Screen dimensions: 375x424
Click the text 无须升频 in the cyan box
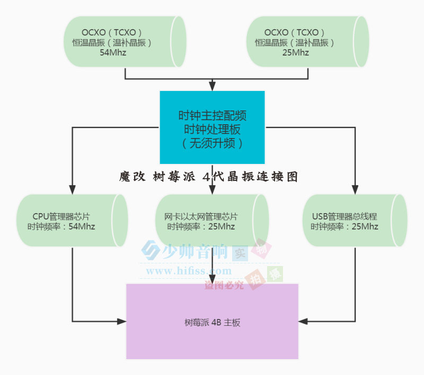[x=212, y=143]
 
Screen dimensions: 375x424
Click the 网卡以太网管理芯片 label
[x=201, y=216]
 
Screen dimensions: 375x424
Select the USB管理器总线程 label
[x=344, y=216]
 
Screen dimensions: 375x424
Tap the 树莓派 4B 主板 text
[x=212, y=322]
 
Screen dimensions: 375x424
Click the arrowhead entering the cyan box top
[x=212, y=86]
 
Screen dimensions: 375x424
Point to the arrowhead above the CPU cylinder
[x=73, y=189]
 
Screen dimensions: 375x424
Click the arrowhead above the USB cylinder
[x=355, y=189]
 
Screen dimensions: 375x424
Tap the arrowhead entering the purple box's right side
[x=304, y=321]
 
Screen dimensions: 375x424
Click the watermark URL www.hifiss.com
[x=189, y=271]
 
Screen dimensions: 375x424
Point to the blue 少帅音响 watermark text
[x=196, y=251]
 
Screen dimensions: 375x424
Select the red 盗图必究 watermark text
[x=225, y=286]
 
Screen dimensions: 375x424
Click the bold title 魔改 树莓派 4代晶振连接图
[x=209, y=177]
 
